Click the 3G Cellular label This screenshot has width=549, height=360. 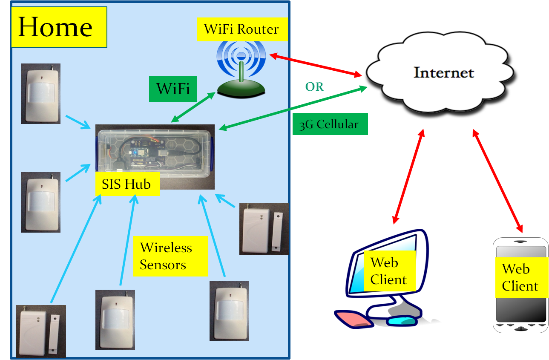330,124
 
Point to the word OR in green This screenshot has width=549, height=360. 314,87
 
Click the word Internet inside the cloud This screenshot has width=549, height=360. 444,72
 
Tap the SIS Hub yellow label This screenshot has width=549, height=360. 127,184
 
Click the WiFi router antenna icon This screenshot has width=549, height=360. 241,68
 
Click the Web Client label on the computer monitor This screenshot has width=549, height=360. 388,271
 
